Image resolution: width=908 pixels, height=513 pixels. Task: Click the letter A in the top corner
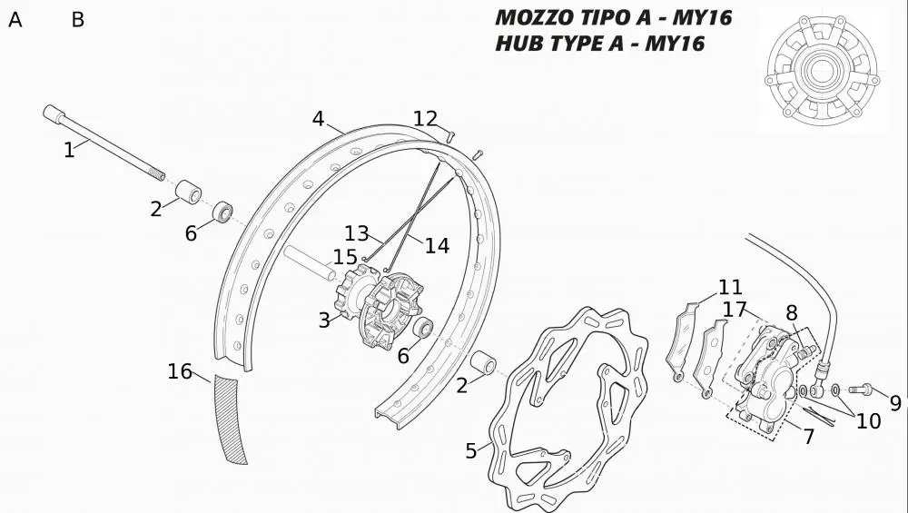pos(15,20)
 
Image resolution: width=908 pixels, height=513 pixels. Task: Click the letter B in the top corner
pos(77,20)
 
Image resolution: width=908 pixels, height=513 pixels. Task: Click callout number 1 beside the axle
pos(69,150)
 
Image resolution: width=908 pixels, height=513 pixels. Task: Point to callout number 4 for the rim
pos(318,119)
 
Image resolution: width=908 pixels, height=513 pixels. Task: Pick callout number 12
pos(425,119)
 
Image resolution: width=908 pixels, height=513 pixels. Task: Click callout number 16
pos(180,371)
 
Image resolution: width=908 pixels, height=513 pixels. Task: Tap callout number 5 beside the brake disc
pos(470,450)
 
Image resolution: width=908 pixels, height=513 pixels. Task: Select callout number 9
pos(895,403)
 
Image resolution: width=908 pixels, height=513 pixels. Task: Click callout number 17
pos(735,310)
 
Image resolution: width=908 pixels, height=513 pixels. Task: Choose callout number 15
pos(345,257)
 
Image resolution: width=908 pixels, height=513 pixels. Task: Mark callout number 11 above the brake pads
pos(730,287)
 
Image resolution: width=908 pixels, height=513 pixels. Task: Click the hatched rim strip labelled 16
pos(230,419)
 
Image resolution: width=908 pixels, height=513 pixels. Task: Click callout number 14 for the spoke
pos(438,245)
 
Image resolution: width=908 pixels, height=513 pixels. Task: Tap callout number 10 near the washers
pos(869,421)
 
